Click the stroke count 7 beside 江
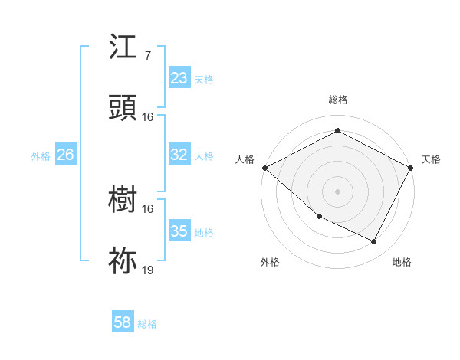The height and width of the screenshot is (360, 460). [x=147, y=56]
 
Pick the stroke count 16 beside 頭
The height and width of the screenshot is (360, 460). [x=148, y=117]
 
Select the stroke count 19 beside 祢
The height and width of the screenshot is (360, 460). [x=148, y=270]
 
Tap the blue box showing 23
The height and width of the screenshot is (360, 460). [x=179, y=78]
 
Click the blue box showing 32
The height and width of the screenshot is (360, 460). [x=179, y=155]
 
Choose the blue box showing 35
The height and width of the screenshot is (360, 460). [x=179, y=231]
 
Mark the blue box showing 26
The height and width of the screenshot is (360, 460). [x=65, y=155]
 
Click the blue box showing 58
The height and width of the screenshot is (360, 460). [x=123, y=322]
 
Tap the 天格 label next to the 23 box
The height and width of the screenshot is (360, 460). [x=204, y=79]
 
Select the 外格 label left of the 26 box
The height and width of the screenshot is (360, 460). [x=41, y=155]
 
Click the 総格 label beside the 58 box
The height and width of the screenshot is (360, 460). [x=147, y=323]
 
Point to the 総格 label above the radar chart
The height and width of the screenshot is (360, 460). [x=338, y=100]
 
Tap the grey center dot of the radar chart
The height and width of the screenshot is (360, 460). [x=337, y=191]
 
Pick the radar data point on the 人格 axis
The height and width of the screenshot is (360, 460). [x=264, y=168]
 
